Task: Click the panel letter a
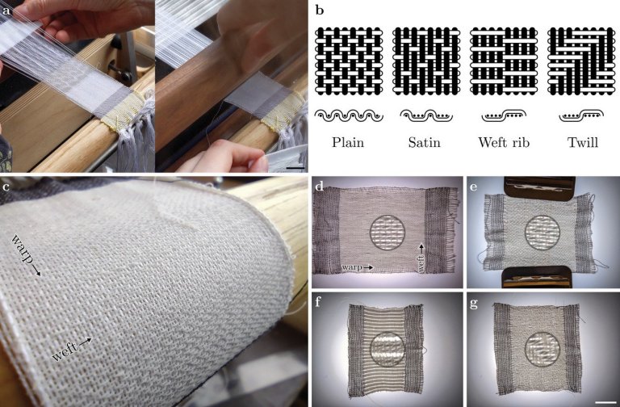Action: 6,10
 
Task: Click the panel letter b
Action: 320,10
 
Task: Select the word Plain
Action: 348,142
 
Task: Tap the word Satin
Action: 425,142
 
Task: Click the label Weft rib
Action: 504,142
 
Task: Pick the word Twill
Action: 582,142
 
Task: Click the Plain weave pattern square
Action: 349,61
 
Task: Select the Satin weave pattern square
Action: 426,61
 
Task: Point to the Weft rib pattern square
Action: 504,61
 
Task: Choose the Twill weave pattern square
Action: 581,61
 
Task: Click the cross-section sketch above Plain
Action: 349,116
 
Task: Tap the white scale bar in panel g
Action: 603,403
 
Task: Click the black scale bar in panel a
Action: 295,168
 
